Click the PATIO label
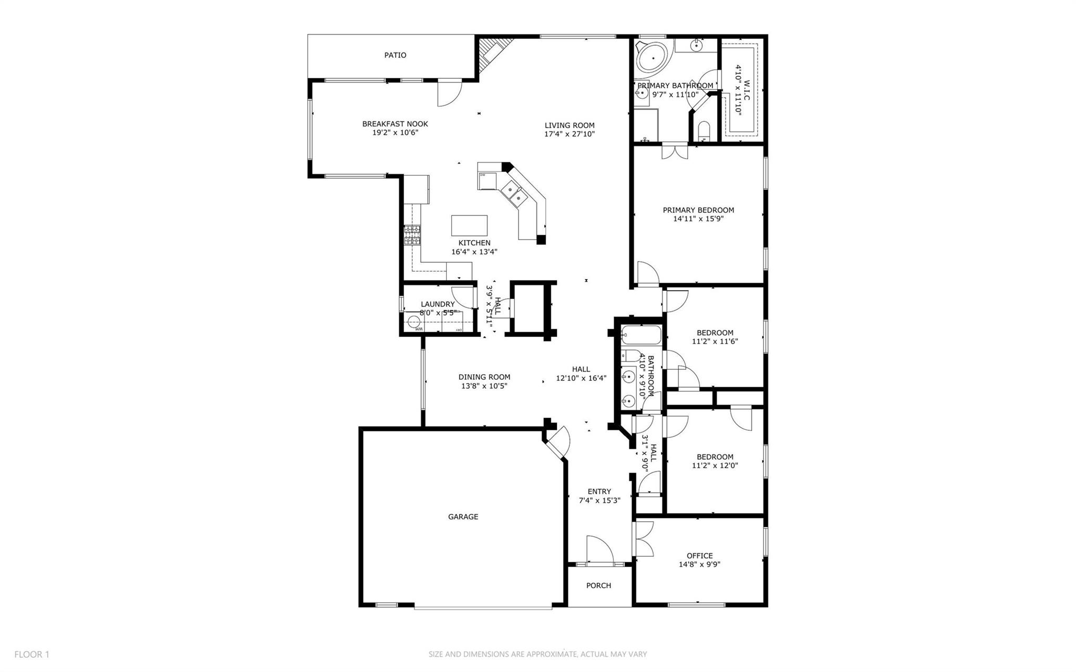pyautogui.click(x=395, y=55)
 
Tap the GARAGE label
pyautogui.click(x=463, y=517)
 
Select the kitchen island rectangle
pyautogui.click(x=469, y=225)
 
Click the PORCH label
pyautogui.click(x=598, y=585)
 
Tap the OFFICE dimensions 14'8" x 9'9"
pyautogui.click(x=699, y=565)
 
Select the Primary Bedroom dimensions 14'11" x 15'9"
pyautogui.click(x=698, y=219)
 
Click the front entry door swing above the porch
pyautogui.click(x=599, y=550)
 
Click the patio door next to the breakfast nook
pyautogui.click(x=450, y=93)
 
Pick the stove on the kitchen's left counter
pyautogui.click(x=412, y=235)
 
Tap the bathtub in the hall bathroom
pyautogui.click(x=641, y=334)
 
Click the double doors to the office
pyautogui.click(x=644, y=539)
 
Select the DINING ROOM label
pyautogui.click(x=484, y=377)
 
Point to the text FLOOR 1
pyautogui.click(x=32, y=655)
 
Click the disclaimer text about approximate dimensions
pyautogui.click(x=537, y=655)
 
